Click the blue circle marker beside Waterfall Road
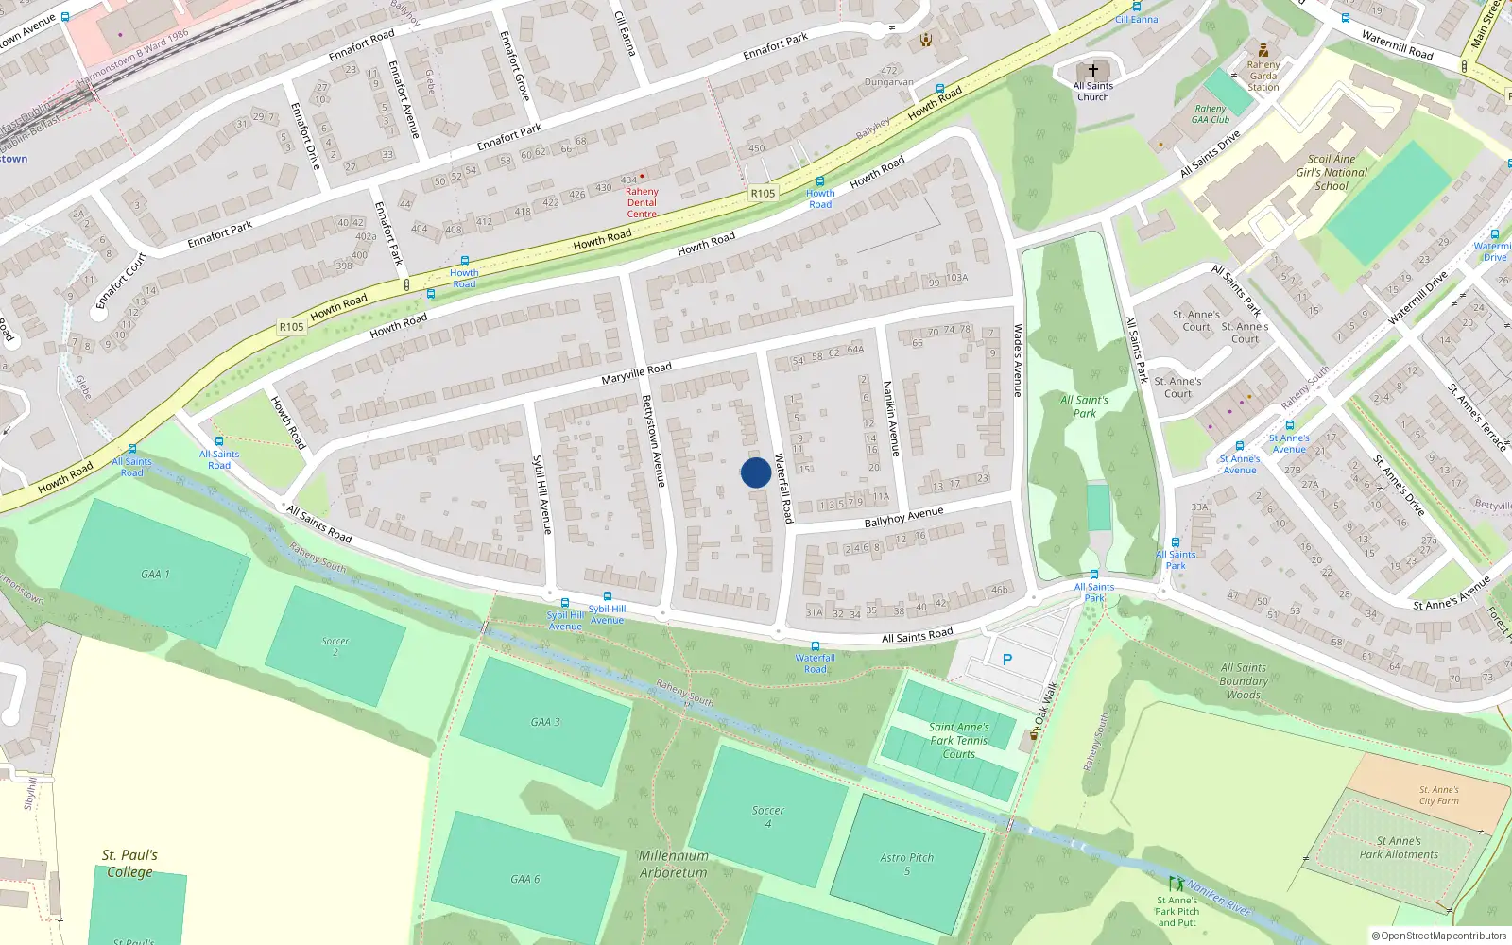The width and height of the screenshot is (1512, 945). tap(755, 472)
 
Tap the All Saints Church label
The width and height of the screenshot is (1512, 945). tap(1093, 92)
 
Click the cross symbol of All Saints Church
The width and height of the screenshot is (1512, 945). tap(1093, 71)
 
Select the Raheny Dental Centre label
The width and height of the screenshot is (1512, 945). tap(642, 202)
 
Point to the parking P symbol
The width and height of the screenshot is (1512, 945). tap(1006, 660)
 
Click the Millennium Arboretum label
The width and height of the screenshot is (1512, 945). tap(673, 864)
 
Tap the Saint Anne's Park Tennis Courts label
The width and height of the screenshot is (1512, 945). tap(958, 741)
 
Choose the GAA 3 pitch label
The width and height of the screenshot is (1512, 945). tap(544, 722)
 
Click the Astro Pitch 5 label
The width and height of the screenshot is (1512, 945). tap(906, 864)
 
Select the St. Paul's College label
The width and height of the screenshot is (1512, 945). tap(129, 863)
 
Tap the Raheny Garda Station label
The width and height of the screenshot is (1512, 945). tap(1263, 77)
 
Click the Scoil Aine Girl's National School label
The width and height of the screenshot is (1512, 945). tap(1332, 173)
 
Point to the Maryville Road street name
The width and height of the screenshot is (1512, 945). tap(636, 373)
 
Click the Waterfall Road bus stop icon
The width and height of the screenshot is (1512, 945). tap(815, 646)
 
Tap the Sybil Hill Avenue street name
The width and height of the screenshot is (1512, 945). tap(542, 494)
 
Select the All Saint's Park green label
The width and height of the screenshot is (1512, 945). tap(1084, 406)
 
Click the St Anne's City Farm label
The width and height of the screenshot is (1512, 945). tap(1438, 796)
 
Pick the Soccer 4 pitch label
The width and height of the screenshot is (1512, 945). tap(767, 816)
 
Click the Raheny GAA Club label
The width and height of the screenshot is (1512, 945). tap(1211, 114)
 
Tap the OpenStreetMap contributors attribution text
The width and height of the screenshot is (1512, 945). tap(1439, 936)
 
